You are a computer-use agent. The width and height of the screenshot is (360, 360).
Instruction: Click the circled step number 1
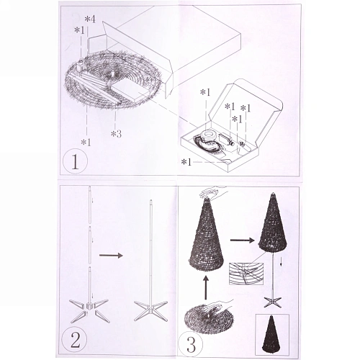[75, 161]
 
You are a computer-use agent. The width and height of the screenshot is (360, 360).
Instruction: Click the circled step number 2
[74, 339]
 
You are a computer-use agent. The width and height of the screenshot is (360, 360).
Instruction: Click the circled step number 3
[191, 343]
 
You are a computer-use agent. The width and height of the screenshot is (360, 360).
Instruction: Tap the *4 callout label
[91, 19]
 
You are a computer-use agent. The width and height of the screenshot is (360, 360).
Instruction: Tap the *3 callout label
[116, 134]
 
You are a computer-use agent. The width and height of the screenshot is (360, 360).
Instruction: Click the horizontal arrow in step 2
[111, 256]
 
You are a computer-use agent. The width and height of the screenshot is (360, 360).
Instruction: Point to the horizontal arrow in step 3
[242, 240]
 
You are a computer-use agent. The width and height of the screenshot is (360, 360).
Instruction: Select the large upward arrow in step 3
[205, 288]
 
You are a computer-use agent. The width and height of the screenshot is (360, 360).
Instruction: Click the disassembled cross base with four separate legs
[89, 310]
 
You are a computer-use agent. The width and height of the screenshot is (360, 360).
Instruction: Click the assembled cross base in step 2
[150, 310]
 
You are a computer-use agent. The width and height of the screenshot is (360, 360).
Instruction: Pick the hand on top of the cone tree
[214, 192]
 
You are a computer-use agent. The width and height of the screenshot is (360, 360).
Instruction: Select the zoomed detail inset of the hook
[246, 274]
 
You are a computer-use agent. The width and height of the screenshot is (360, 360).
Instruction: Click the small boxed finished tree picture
[272, 334]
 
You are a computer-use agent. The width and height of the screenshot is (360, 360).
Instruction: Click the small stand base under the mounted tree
[273, 302]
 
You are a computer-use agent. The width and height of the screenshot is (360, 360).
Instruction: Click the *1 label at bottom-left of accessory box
[186, 162]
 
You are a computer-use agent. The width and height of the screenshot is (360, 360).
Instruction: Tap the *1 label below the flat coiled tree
[86, 143]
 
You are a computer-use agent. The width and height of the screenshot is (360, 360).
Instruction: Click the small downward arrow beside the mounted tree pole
[281, 264]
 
